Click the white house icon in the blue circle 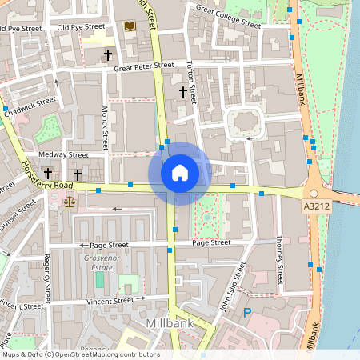coord(179,173)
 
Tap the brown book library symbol coord(130,26)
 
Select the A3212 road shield coord(316,206)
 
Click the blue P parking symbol coord(247,313)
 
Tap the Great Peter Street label coord(144,67)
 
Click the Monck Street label coord(105,130)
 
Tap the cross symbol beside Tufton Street coord(183,93)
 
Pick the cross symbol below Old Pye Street coord(108,55)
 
